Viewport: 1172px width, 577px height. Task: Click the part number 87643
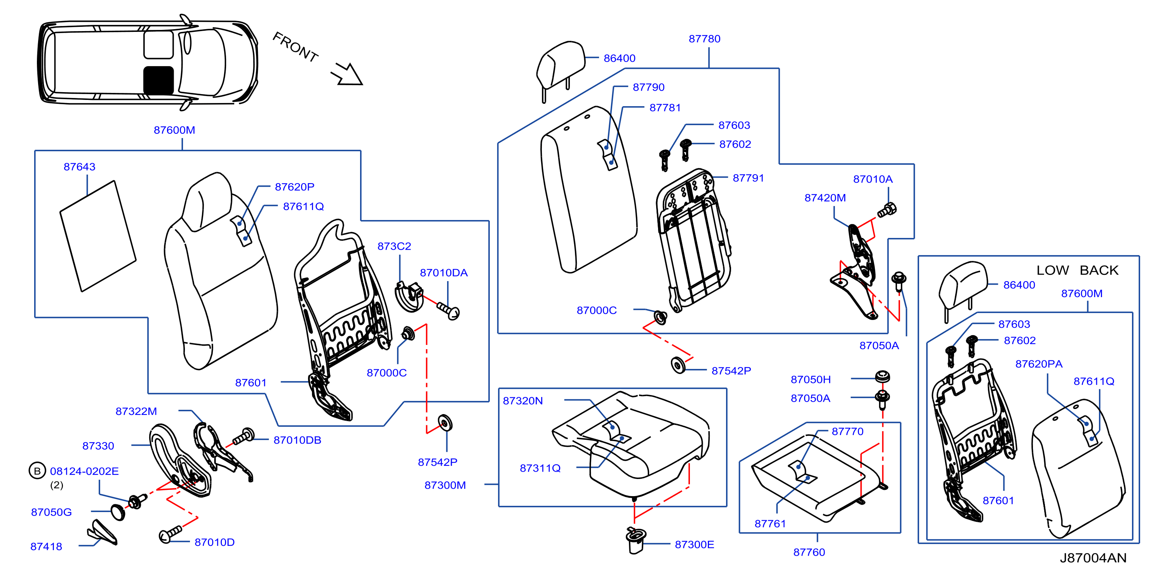tap(80, 167)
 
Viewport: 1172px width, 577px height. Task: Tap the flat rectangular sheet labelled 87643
tap(98, 236)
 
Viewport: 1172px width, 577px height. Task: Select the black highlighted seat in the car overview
tap(158, 80)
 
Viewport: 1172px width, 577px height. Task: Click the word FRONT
tap(295, 47)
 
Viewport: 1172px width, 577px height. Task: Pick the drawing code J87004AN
tap(1093, 558)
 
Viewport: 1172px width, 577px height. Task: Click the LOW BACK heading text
tap(1077, 270)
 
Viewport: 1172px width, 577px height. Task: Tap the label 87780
tap(704, 39)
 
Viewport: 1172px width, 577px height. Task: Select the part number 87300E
tap(694, 544)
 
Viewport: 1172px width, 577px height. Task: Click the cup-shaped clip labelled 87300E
tap(636, 540)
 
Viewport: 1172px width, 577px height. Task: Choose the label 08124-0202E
tap(84, 471)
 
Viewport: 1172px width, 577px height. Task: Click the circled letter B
tap(37, 471)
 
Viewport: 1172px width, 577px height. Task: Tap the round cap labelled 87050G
tap(118, 512)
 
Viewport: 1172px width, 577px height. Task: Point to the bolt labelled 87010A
tap(887, 210)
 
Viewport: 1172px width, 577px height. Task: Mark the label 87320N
tap(522, 400)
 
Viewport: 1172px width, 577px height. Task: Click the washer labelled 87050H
tap(883, 377)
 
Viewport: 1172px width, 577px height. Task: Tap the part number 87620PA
tap(1039, 364)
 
